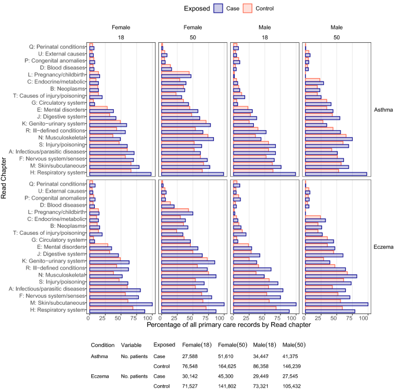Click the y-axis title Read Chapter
(x=5, y=178)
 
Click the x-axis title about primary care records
(x=229, y=325)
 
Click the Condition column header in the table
(x=102, y=345)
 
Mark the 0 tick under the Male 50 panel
(x=305, y=317)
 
